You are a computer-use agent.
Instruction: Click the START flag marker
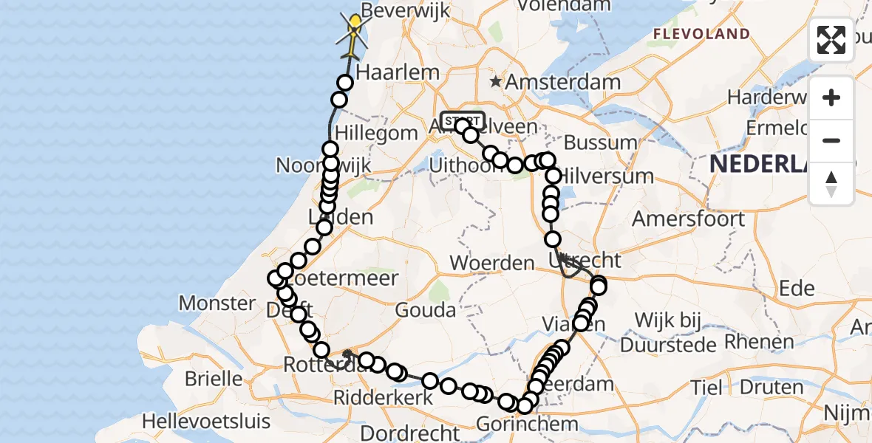tap(462, 120)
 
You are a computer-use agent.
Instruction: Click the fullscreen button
tap(831, 40)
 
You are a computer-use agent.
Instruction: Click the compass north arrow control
tap(831, 184)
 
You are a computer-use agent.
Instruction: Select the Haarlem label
tap(398, 72)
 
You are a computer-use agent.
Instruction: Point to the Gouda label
tap(425, 310)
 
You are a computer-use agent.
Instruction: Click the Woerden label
tap(491, 263)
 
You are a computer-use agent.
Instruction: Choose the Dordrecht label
tap(399, 431)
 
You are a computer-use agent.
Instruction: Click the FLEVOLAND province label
tap(701, 34)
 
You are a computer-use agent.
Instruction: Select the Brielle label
tap(214, 379)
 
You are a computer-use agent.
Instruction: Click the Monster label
tap(217, 303)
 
